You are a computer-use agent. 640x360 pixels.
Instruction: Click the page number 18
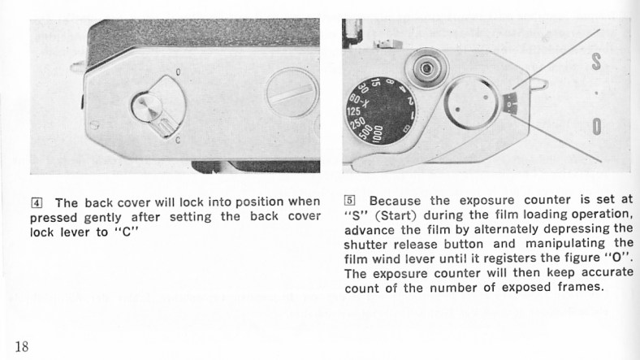pyautogui.click(x=22, y=346)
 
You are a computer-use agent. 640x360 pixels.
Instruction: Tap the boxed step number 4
pyautogui.click(x=37, y=203)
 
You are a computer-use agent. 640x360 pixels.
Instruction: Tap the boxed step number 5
pyautogui.click(x=350, y=201)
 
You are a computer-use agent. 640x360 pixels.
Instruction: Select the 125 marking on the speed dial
pyautogui.click(x=353, y=112)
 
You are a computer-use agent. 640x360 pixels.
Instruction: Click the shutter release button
pyautogui.click(x=427, y=67)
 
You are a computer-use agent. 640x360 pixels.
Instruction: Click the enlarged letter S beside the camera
pyautogui.click(x=596, y=60)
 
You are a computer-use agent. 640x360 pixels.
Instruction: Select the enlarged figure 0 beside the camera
pyautogui.click(x=597, y=127)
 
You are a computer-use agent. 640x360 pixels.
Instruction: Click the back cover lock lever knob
pyautogui.click(x=147, y=107)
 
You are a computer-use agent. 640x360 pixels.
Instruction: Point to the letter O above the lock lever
pyautogui.click(x=178, y=72)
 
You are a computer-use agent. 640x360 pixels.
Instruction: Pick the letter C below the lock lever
pyautogui.click(x=178, y=141)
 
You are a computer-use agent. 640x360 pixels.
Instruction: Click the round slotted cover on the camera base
pyautogui.click(x=292, y=93)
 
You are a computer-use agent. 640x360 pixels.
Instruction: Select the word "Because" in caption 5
pyautogui.click(x=395, y=201)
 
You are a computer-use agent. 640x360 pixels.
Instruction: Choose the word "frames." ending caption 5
pyautogui.click(x=581, y=287)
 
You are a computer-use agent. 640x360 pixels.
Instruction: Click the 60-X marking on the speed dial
pyautogui.click(x=359, y=101)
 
